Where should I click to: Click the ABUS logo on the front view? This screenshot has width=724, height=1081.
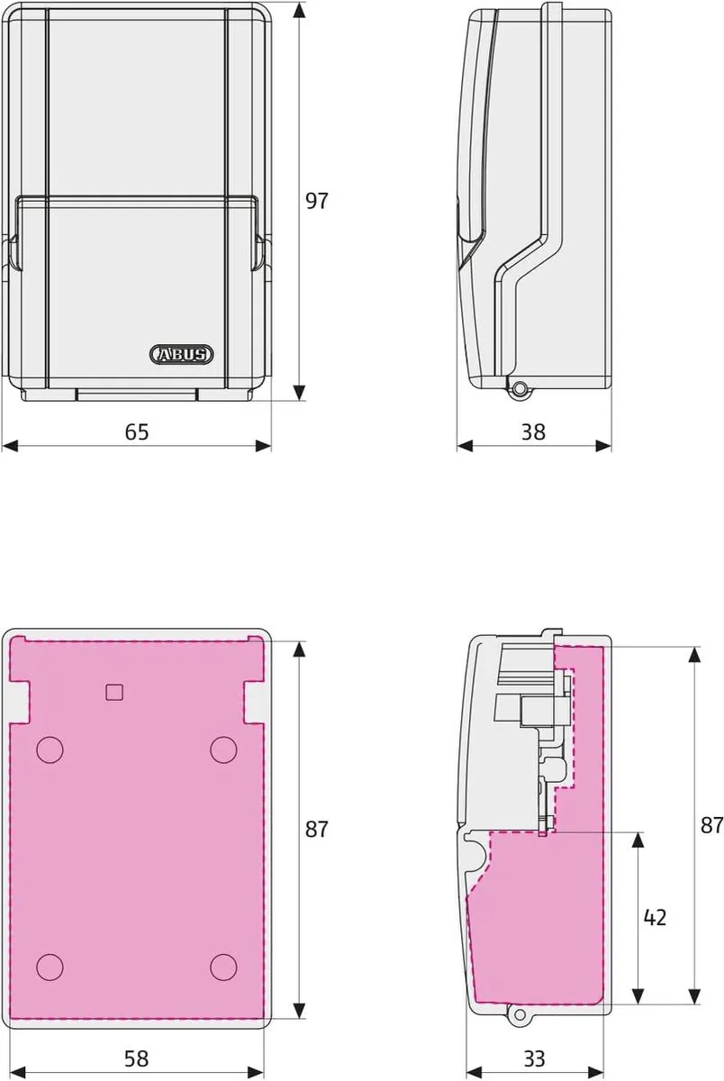coord(181,355)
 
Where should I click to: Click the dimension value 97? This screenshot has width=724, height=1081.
coord(317,201)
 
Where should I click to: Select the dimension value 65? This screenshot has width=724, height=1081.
coord(137,431)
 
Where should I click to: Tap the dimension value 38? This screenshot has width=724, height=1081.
coord(533,431)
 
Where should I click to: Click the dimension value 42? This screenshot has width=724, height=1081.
coord(655,917)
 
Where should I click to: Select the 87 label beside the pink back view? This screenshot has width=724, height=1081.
coord(317,830)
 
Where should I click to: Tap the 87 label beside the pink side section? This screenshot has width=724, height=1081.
coord(712,825)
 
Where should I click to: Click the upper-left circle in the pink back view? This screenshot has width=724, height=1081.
coord(50,749)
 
